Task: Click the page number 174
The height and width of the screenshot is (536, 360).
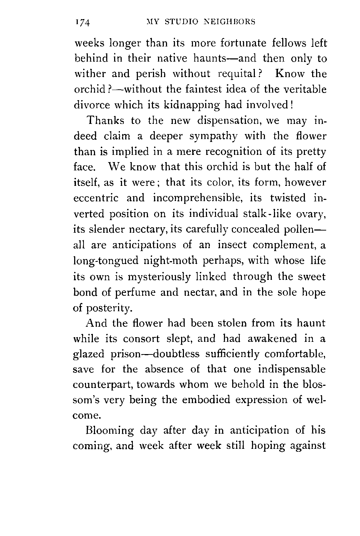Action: pyautogui.click(x=83, y=23)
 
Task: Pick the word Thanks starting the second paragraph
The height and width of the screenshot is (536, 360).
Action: pyautogui.click(x=110, y=120)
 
